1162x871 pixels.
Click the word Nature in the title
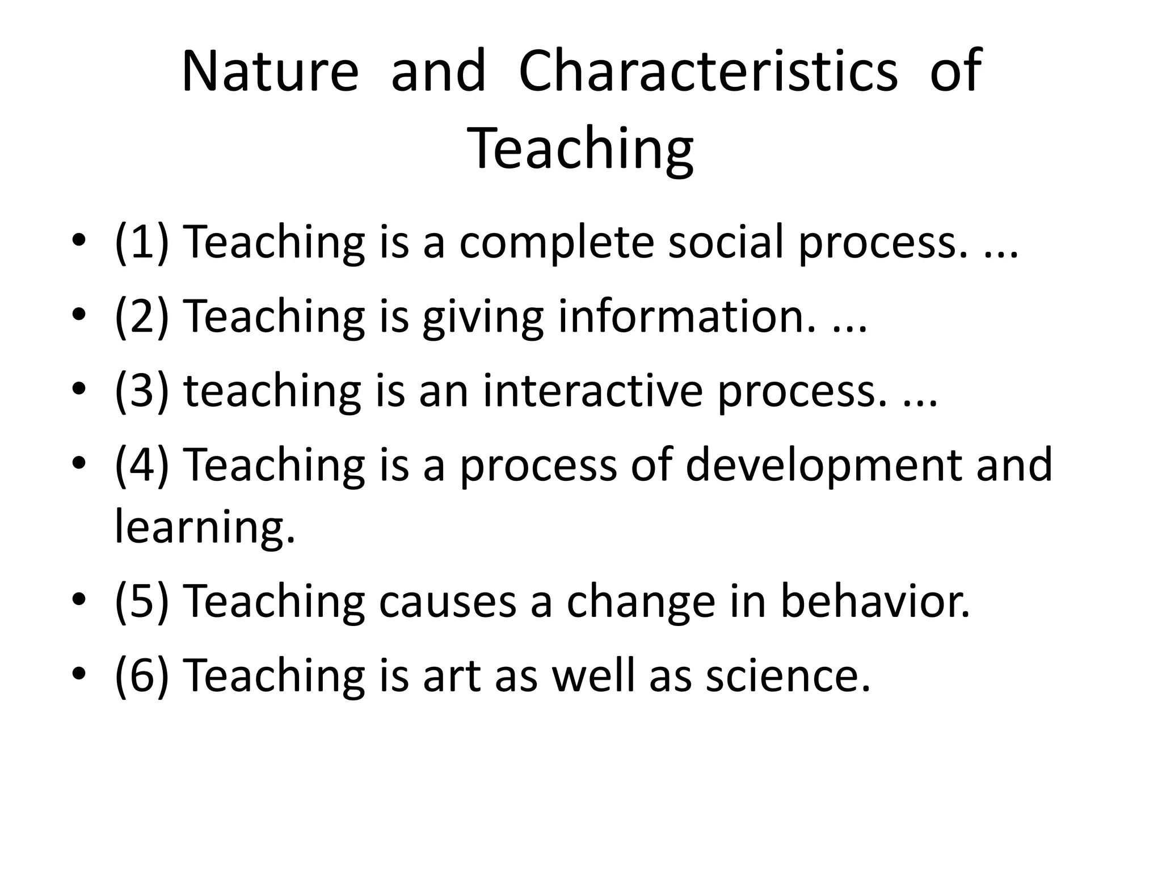270,72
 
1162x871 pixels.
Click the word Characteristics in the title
708,72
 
